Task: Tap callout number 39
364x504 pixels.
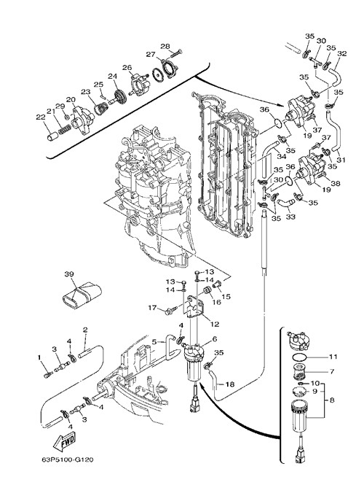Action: coord(69,274)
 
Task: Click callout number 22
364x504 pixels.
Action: coord(41,117)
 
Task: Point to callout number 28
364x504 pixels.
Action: coord(165,46)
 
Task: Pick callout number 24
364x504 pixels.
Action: coord(112,76)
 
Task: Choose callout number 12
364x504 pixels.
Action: coord(214,324)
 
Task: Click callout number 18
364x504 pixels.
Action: coord(230,384)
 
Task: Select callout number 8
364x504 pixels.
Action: coord(332,400)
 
